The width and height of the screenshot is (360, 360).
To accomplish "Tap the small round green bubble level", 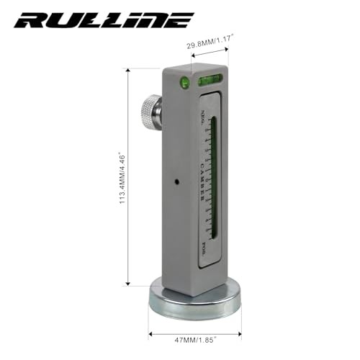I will tap(186, 81).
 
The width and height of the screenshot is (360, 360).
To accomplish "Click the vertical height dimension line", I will tap(128, 176).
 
